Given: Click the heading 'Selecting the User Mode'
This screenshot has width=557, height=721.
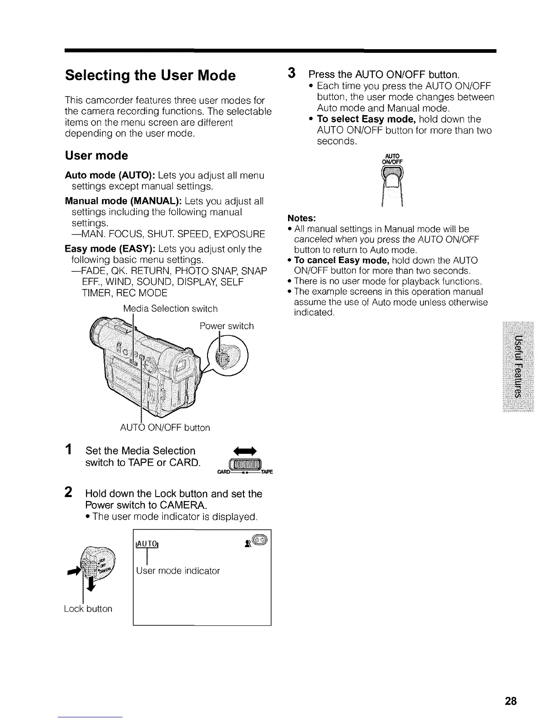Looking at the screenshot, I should point(150,75).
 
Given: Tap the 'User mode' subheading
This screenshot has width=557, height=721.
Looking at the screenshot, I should point(96,156).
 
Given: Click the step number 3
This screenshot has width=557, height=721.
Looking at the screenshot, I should point(292,73).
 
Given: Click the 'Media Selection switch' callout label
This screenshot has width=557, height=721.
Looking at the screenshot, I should point(170,309).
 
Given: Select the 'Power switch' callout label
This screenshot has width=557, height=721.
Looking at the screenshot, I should point(227,326).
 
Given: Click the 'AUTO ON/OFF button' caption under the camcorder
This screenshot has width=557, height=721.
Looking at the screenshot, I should point(165,428).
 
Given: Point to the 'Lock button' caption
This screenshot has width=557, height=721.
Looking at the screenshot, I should point(88,609).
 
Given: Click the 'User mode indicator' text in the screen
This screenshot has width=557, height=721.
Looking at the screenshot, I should point(177,571).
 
